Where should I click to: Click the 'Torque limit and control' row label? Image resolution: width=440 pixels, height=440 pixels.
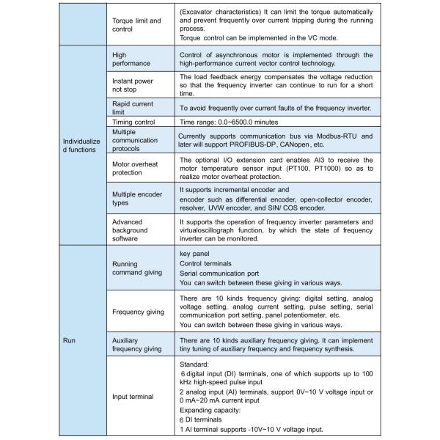(x=136, y=25)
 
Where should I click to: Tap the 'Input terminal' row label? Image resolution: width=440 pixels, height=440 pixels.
(x=133, y=396)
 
